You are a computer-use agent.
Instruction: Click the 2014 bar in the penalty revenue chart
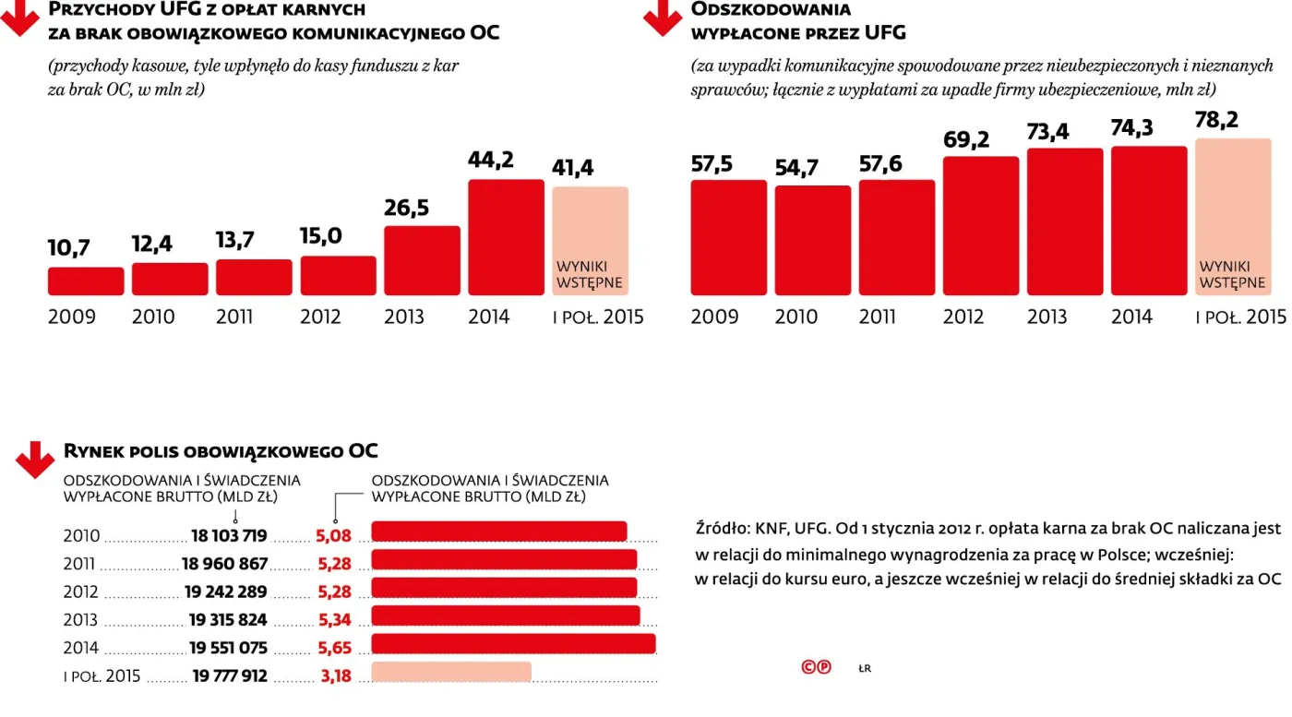coord(506,237)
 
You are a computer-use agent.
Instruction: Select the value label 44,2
coord(491,160)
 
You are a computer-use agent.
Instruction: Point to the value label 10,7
coord(70,247)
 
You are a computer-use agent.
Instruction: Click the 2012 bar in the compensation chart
coord(980,226)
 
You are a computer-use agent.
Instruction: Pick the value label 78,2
coord(1217,120)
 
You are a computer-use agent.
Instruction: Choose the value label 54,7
coord(797,167)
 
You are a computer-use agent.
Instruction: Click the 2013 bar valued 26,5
coord(422,260)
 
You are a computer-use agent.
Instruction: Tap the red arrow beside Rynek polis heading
coord(35,459)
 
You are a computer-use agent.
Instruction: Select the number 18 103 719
coord(229,535)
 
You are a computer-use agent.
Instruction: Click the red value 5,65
coord(335,648)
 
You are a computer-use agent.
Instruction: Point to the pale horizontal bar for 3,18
coord(451,672)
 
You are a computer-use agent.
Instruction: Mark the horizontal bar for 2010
coord(499,532)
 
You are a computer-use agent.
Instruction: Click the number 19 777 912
coord(230,675)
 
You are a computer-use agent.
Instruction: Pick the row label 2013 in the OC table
coord(80,620)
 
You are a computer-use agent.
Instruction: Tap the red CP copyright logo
coord(816,667)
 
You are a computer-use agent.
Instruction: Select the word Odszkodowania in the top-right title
coord(771,9)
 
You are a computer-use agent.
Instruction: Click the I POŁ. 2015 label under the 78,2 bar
coord(1240,317)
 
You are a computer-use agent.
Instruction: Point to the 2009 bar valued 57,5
coord(728,237)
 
